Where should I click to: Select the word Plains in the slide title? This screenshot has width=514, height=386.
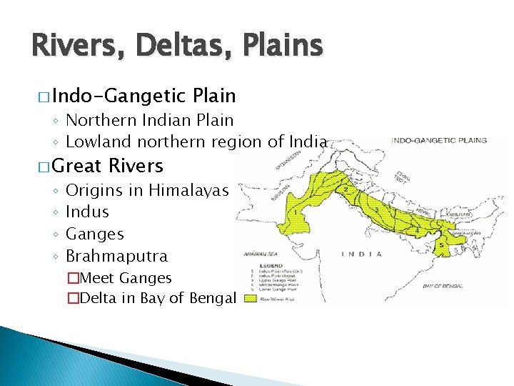pyautogui.click(x=281, y=46)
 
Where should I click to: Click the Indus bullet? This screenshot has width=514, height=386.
pyautogui.click(x=87, y=212)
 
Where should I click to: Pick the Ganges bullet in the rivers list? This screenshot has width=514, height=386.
pyautogui.click(x=94, y=234)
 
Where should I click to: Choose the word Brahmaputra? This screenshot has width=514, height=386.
pyautogui.click(x=116, y=256)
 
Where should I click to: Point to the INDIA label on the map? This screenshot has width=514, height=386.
pyautogui.click(x=361, y=254)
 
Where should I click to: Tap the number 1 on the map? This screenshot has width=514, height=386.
pyautogui.click(x=295, y=213)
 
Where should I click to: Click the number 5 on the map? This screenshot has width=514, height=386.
pyautogui.click(x=442, y=245)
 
